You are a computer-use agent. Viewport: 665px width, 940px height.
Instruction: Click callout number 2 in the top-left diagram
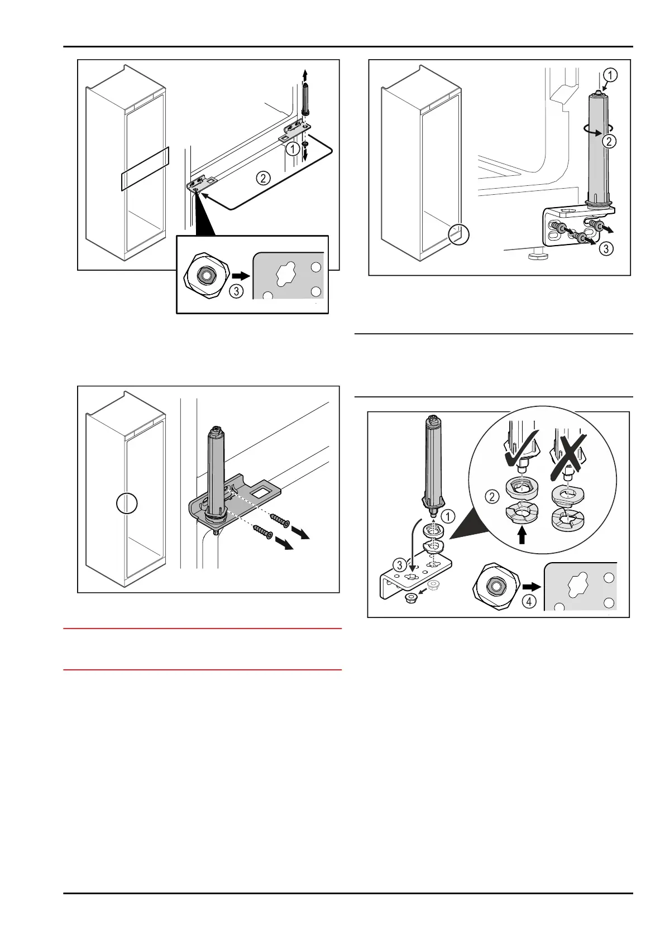(262, 179)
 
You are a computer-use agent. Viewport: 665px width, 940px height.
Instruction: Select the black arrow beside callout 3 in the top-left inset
(241, 275)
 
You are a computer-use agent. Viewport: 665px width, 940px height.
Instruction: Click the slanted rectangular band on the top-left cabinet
(145, 169)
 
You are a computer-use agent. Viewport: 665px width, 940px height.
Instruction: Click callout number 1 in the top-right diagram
(611, 75)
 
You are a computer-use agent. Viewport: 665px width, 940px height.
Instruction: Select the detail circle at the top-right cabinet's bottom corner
(458, 234)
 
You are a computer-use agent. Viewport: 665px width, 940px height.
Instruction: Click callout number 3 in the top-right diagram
(606, 250)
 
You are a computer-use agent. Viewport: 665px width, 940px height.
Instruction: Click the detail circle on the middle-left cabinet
(127, 503)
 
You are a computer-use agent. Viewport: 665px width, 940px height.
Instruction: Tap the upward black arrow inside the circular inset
(523, 535)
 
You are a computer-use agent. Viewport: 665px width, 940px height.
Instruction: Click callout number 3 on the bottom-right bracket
(399, 566)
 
